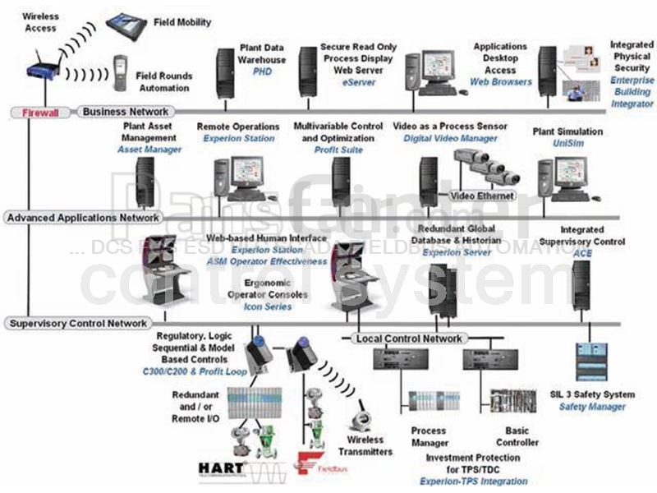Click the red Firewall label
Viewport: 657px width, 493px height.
[40, 113]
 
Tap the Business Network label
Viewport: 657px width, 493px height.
[125, 112]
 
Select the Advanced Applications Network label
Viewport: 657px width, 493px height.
[82, 218]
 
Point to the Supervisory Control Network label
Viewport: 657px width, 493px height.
[79, 324]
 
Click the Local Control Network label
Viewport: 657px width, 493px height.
[409, 339]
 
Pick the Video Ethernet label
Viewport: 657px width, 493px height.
[482, 196]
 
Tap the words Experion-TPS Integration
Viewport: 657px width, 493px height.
[473, 481]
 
